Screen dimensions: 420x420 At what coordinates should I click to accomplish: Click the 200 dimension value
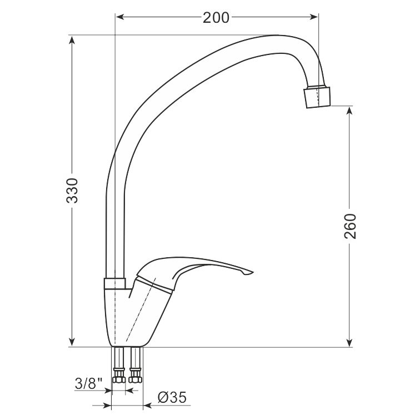(216, 18)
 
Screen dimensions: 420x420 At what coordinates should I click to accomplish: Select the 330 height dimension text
(72, 191)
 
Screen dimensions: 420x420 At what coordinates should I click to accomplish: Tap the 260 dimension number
(351, 226)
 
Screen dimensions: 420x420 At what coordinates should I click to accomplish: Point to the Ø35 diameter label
(172, 397)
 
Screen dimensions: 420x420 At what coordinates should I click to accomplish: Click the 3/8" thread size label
(89, 383)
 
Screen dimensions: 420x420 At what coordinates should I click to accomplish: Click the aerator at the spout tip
(317, 97)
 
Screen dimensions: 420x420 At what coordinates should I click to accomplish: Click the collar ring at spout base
(114, 283)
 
